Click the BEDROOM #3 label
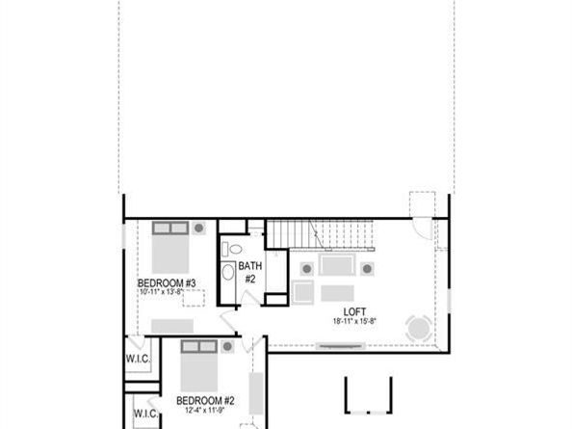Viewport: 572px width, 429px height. coord(168,282)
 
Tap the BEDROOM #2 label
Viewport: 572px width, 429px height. coord(206,400)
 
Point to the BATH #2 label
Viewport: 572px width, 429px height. coord(248,272)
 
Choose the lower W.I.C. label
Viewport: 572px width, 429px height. coord(144,414)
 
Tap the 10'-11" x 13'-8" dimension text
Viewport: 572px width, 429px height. coord(168,292)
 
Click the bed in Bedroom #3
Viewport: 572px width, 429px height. coord(171,251)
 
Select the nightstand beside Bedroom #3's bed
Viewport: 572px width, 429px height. coord(199,228)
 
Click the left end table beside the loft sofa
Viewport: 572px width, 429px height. coord(307,267)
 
